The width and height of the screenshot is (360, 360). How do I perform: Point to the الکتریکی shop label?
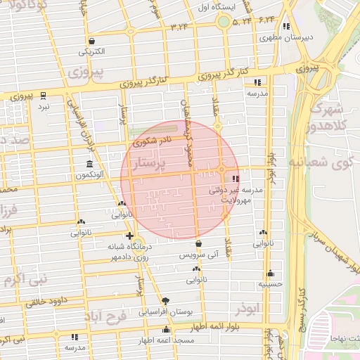92,51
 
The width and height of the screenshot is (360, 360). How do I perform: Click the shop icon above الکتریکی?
92,41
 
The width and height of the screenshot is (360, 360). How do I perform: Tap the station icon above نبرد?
44,95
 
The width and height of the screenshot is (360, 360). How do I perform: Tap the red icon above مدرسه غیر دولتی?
235,178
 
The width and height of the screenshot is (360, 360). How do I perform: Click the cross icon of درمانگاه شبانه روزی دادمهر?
129,236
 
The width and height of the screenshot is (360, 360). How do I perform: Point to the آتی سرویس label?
200,255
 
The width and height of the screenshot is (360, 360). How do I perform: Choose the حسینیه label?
270,284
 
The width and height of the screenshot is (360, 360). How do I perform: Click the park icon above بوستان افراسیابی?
166,300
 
